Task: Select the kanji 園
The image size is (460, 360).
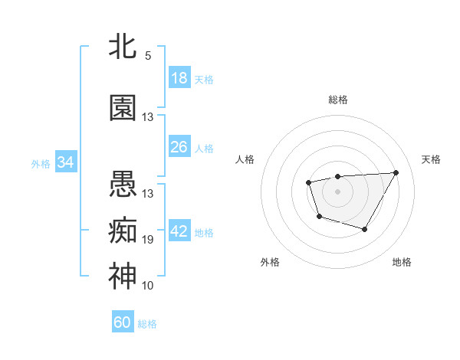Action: coord(123,109)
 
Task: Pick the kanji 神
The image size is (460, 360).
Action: coord(123,276)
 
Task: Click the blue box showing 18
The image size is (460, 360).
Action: coord(179,78)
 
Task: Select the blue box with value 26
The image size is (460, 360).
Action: coord(179,146)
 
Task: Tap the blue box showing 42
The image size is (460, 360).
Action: coord(179,232)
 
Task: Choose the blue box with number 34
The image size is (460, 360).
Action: coord(65,162)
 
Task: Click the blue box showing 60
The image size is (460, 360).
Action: coord(123,322)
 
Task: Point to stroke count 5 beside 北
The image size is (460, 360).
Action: coord(148,56)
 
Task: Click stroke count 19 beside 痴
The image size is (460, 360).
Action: coord(148,240)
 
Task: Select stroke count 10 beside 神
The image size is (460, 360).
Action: coord(148,286)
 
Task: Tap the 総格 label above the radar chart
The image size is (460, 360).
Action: coord(338,100)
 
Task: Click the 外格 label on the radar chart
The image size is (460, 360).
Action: coord(270,262)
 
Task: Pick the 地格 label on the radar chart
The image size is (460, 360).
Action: coord(402,262)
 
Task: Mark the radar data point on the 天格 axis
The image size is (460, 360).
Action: coord(396,172)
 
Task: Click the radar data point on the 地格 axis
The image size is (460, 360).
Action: coord(365,229)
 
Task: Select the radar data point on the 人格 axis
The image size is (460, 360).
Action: coord(308,182)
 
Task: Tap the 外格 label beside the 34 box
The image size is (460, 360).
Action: coord(41,163)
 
